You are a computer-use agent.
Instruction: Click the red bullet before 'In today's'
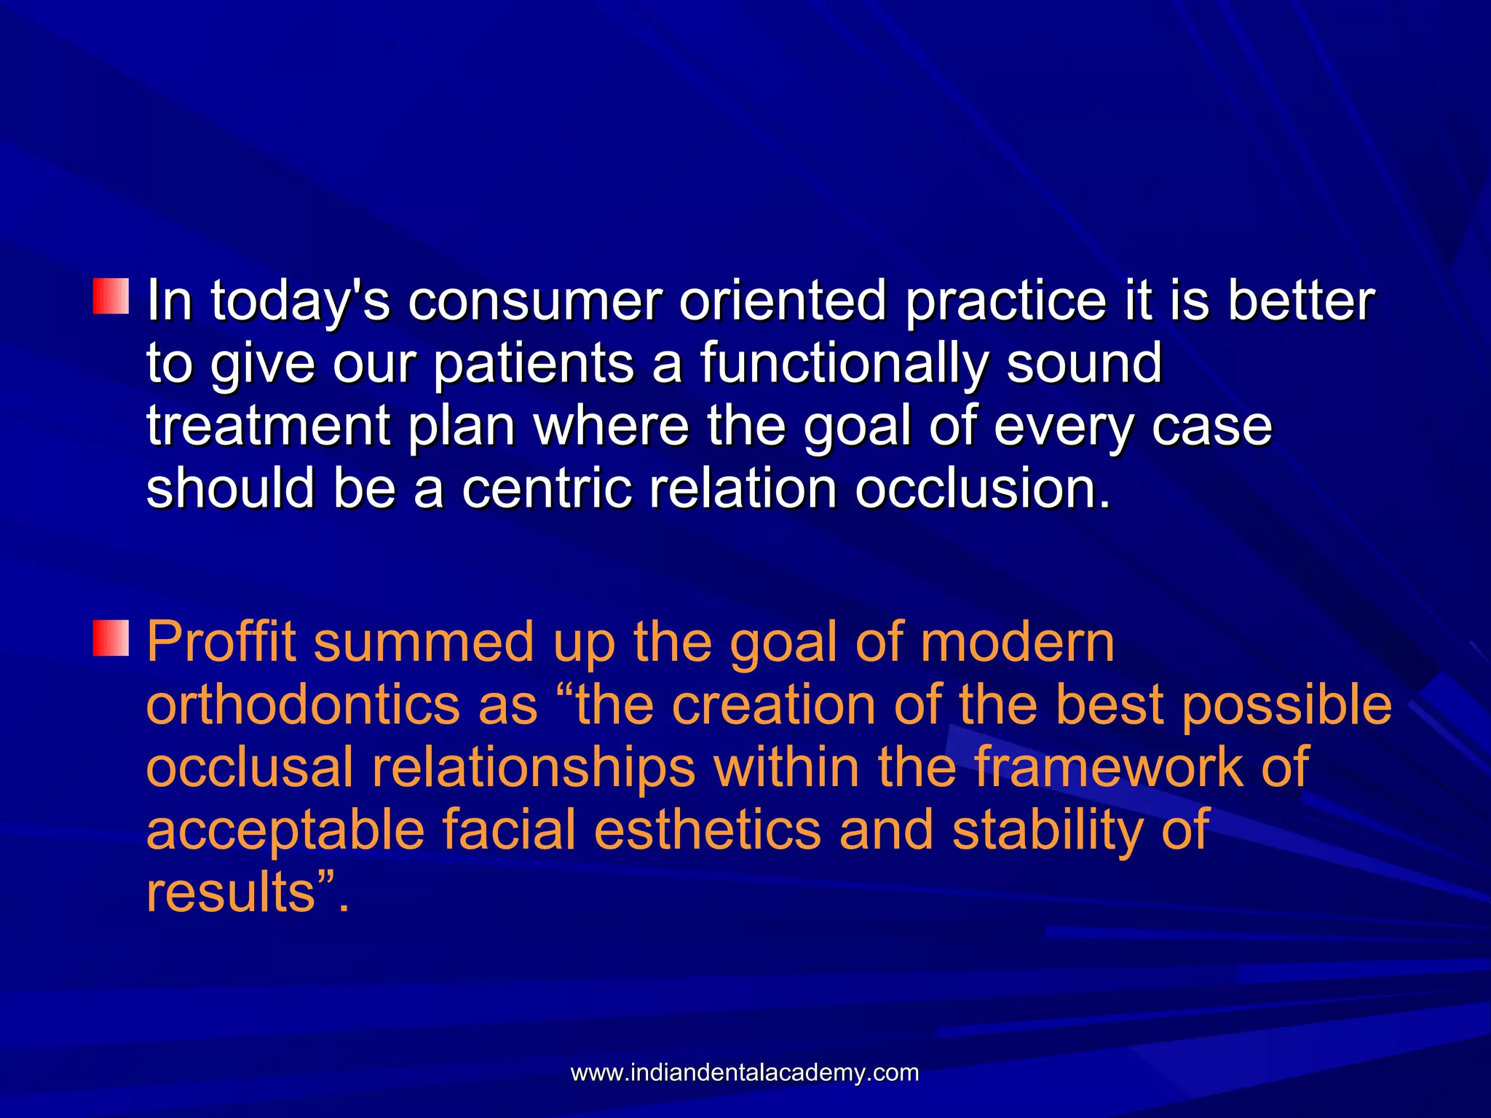(x=111, y=296)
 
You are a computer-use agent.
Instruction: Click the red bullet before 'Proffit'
(x=111, y=638)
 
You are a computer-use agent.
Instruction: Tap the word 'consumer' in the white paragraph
(x=534, y=301)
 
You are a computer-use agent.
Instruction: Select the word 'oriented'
(x=783, y=301)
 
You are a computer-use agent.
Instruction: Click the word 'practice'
(x=1005, y=301)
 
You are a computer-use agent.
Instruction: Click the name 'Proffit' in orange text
(x=221, y=642)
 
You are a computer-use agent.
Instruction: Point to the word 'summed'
(x=423, y=642)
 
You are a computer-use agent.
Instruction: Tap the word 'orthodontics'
(x=303, y=705)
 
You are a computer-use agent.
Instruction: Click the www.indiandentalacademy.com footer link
(x=745, y=1073)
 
